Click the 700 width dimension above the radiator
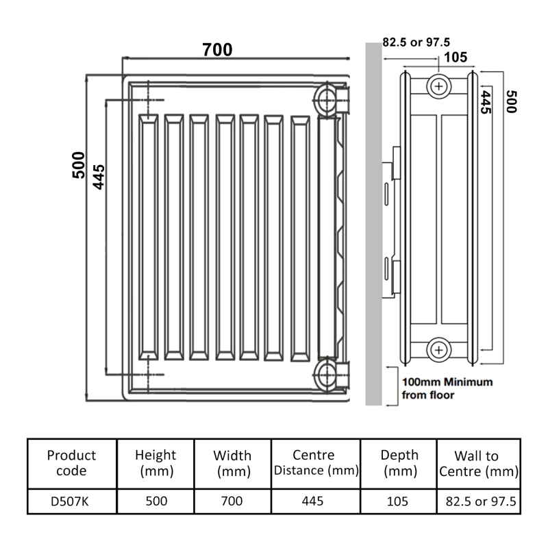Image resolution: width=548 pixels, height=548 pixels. click(x=217, y=50)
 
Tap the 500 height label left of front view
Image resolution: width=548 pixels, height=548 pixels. click(x=79, y=165)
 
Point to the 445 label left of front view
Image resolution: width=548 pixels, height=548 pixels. click(x=99, y=176)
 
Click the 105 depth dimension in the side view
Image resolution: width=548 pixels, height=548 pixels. click(x=451, y=56)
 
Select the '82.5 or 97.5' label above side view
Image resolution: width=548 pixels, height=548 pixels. click(x=416, y=42)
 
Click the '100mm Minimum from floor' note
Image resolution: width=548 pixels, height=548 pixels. click(x=446, y=388)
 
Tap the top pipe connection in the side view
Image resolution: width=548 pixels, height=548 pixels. click(x=438, y=86)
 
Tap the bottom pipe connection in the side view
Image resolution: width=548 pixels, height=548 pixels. click(x=438, y=350)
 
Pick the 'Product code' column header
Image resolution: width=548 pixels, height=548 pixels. click(x=71, y=463)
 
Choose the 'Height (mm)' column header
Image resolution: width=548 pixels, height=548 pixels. click(x=155, y=463)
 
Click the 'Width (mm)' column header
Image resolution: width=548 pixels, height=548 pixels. click(x=232, y=463)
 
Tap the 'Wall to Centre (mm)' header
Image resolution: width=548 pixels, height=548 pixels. click(x=477, y=463)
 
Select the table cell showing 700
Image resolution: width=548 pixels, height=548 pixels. click(x=232, y=501)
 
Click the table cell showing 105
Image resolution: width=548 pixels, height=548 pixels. click(x=397, y=501)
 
